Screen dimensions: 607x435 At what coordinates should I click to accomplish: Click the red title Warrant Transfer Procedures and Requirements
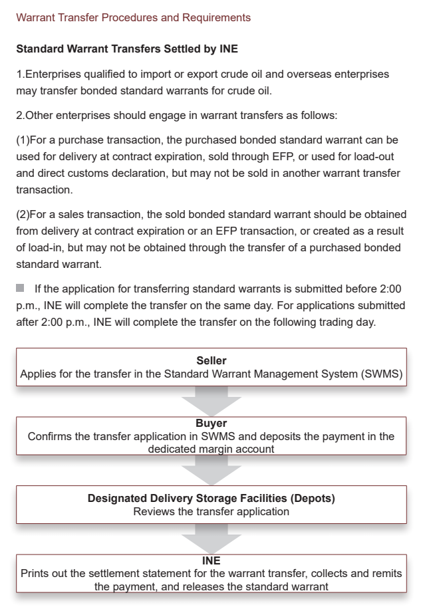tap(133, 17)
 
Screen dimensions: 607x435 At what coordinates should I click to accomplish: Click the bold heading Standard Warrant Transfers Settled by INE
tap(126, 49)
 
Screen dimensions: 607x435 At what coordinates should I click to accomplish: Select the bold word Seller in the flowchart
tap(212, 360)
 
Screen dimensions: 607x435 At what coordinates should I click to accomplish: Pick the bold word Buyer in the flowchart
tap(211, 423)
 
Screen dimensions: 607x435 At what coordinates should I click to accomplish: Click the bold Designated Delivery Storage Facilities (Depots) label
tap(211, 498)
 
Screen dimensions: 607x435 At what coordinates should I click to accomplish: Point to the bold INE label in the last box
tap(211, 560)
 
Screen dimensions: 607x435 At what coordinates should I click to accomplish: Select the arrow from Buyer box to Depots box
tap(211, 470)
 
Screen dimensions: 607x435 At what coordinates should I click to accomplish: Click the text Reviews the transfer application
tap(211, 511)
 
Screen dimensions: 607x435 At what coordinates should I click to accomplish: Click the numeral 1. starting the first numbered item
tap(20, 74)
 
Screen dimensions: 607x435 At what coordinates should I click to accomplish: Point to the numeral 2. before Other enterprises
tap(20, 115)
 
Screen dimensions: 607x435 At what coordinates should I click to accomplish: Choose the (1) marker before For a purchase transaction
tap(23, 140)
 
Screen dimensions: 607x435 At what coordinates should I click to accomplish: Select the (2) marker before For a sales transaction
tap(23, 215)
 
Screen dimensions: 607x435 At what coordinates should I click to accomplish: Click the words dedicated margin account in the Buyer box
tap(211, 449)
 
